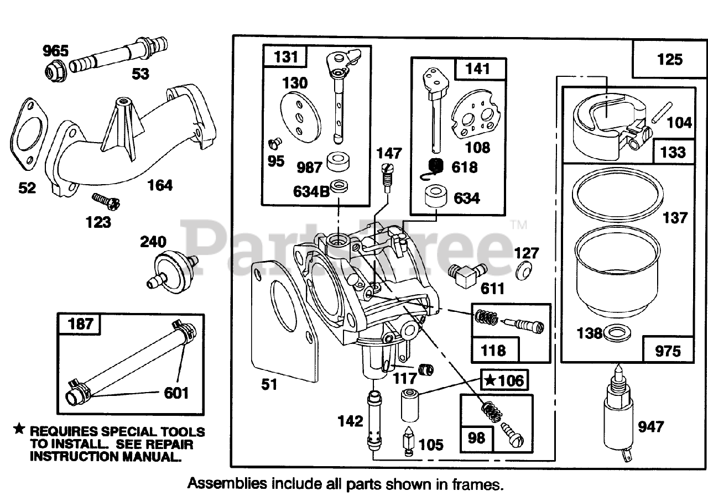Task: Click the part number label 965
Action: (x=56, y=52)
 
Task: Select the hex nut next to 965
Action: (x=53, y=70)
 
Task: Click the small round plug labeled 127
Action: (x=523, y=274)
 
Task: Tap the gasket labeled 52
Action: (x=27, y=135)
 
